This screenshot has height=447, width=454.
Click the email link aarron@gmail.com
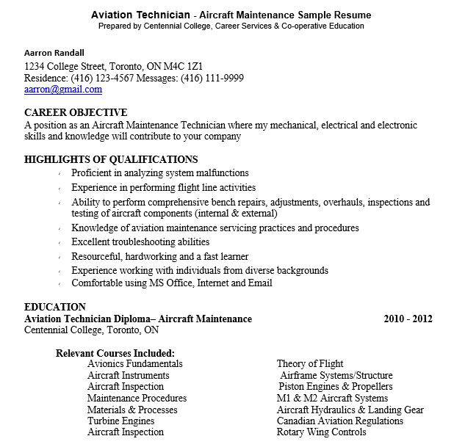(63, 90)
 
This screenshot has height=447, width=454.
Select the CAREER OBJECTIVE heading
(76, 113)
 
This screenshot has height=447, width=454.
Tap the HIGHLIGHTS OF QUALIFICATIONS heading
(111, 159)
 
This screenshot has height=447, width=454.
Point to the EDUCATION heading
(55, 307)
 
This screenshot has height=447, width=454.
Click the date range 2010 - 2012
(408, 319)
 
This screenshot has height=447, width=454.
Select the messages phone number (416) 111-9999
(213, 78)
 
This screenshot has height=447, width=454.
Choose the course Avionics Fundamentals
(135, 363)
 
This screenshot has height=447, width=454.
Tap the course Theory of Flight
(310, 363)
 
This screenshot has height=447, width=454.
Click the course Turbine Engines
(120, 421)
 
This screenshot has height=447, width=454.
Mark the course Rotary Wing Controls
(321, 432)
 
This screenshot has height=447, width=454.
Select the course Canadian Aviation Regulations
(340, 421)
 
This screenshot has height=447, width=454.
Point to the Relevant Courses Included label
(115, 352)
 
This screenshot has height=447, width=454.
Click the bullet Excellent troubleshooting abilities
(140, 241)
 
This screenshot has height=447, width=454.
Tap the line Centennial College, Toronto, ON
(92, 330)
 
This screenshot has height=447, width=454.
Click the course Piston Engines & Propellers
(335, 386)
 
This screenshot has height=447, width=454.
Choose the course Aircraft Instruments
(128, 375)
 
